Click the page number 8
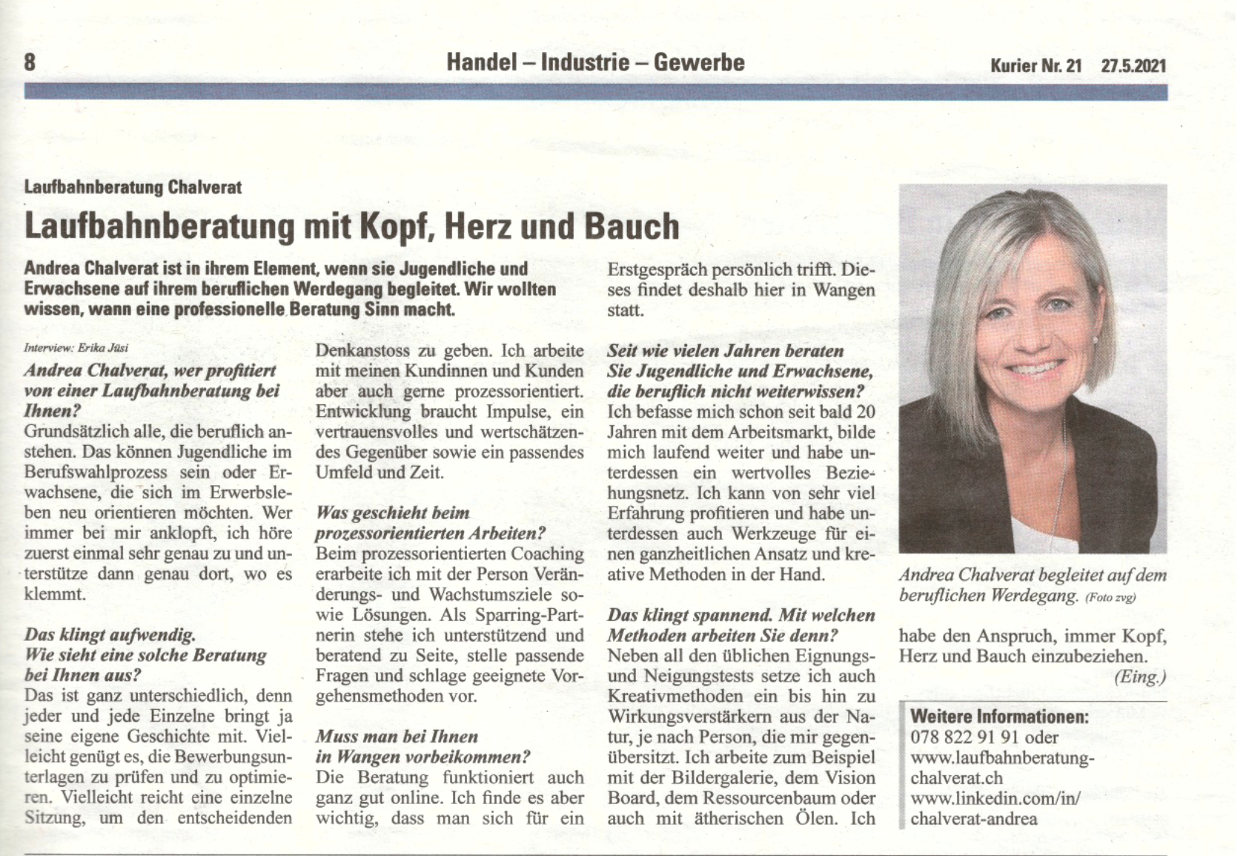click(x=30, y=62)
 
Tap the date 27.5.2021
click(x=1133, y=65)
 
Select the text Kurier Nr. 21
click(x=1035, y=65)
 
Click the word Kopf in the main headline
click(x=396, y=226)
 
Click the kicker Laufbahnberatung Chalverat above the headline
click(x=133, y=187)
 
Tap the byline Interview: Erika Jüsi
click(x=76, y=347)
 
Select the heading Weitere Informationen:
click(x=999, y=717)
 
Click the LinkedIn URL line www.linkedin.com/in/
click(x=995, y=798)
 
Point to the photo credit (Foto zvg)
click(x=1110, y=597)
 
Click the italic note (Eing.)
click(x=1140, y=676)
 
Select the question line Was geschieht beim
click(x=392, y=513)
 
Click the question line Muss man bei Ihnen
click(x=397, y=737)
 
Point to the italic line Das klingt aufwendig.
click(x=110, y=634)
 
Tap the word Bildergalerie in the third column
click(x=717, y=778)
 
